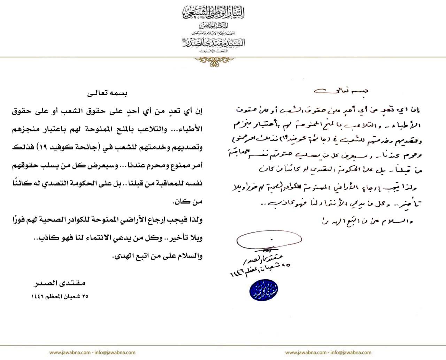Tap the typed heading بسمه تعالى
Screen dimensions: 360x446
pos(108,93)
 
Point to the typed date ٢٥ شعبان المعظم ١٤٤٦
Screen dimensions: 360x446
pos(59,297)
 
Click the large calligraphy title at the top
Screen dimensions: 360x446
pos(213,14)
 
